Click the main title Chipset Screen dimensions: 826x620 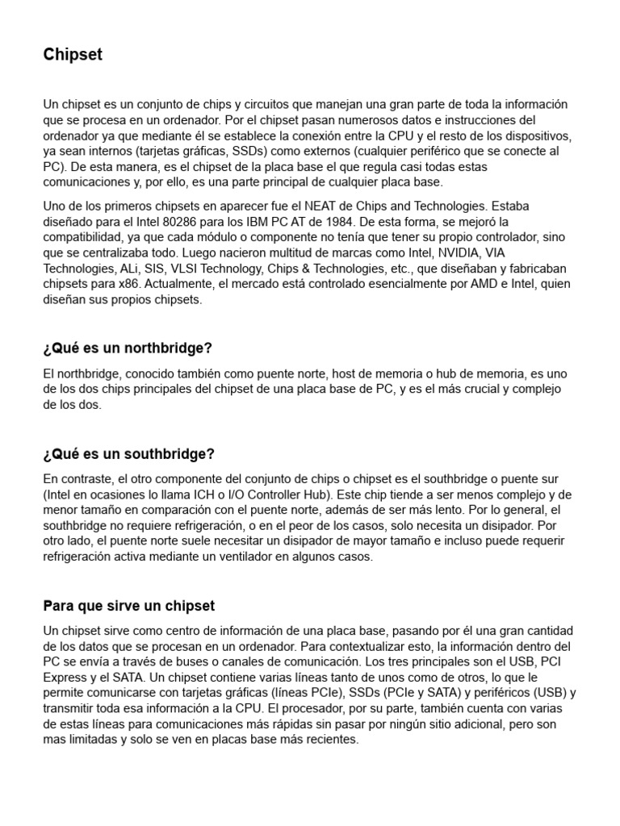(73, 55)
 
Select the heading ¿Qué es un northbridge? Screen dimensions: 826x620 (128, 348)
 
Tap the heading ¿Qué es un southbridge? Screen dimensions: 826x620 (128, 454)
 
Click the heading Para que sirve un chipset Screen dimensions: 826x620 (128, 605)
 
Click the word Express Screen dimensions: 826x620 (66, 678)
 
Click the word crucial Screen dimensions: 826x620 (468, 390)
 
